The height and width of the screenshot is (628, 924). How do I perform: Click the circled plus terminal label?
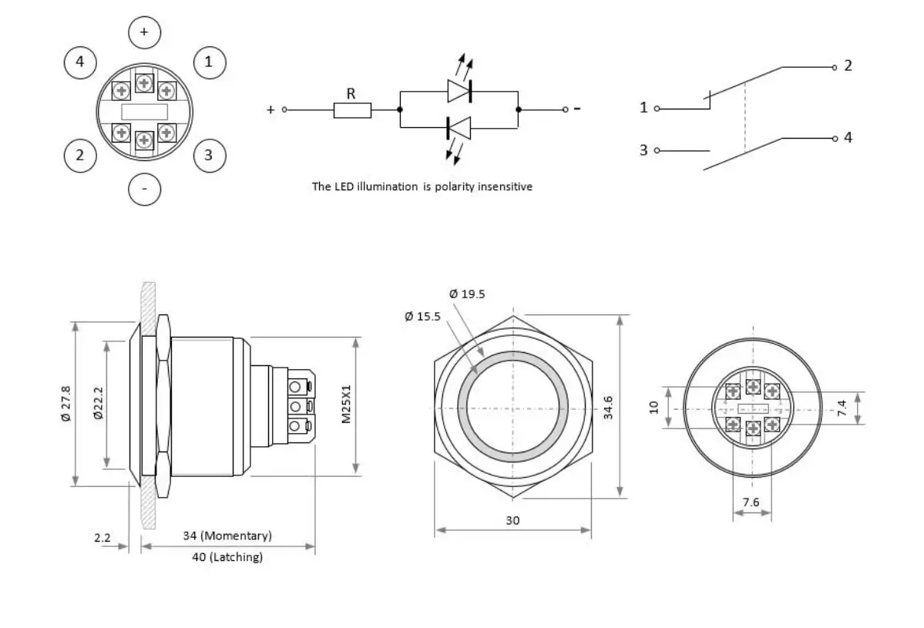[x=143, y=32]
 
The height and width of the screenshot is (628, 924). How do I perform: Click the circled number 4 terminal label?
[x=80, y=62]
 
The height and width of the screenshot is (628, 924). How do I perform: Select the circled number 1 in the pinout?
[x=208, y=62]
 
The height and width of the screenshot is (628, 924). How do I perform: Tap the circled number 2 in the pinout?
[x=79, y=156]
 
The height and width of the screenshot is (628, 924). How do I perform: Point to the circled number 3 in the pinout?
[x=208, y=156]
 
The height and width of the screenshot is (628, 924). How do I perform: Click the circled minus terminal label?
[x=144, y=189]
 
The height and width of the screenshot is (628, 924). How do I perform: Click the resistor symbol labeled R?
[x=352, y=110]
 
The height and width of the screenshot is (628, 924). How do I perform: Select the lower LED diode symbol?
[x=459, y=127]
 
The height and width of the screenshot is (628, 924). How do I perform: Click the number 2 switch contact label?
[x=848, y=65]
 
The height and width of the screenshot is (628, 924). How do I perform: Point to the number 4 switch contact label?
[x=848, y=138]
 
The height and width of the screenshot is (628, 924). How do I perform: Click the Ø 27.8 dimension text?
[x=66, y=404]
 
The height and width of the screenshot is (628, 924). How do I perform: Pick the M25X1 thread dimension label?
[x=346, y=404]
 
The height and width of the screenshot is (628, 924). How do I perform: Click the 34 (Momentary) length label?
[x=227, y=536]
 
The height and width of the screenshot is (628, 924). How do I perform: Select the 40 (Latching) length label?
[x=227, y=556]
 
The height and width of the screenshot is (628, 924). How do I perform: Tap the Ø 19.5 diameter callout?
[x=467, y=294]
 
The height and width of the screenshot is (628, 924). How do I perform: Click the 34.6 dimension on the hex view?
[x=608, y=406]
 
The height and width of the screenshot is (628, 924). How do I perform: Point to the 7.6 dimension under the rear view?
[x=751, y=502]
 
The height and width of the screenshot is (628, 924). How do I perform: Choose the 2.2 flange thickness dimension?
[x=103, y=538]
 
